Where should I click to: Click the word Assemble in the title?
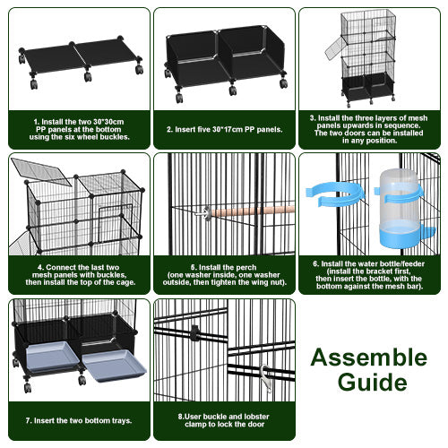pos(369,358)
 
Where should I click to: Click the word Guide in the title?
pos(372,382)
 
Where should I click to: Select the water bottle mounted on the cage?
pos(401,208)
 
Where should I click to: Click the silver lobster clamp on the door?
pos(266,378)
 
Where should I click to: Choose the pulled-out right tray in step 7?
pos(114,366)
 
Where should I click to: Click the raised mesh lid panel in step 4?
pos(40,172)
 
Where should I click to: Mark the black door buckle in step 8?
pos(194,332)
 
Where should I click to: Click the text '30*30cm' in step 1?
pos(108,122)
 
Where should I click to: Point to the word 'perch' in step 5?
pos(246,268)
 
